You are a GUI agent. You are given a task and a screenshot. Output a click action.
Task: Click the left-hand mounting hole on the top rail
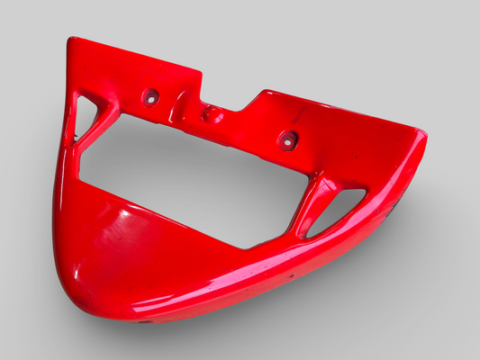(150, 96)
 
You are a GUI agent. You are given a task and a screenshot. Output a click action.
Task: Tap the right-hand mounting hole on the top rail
(287, 139)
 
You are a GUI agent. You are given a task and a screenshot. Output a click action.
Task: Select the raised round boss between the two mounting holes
(213, 114)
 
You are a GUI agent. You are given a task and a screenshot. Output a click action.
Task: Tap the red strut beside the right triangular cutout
(311, 205)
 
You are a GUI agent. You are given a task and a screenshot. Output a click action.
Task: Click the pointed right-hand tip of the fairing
(421, 139)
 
